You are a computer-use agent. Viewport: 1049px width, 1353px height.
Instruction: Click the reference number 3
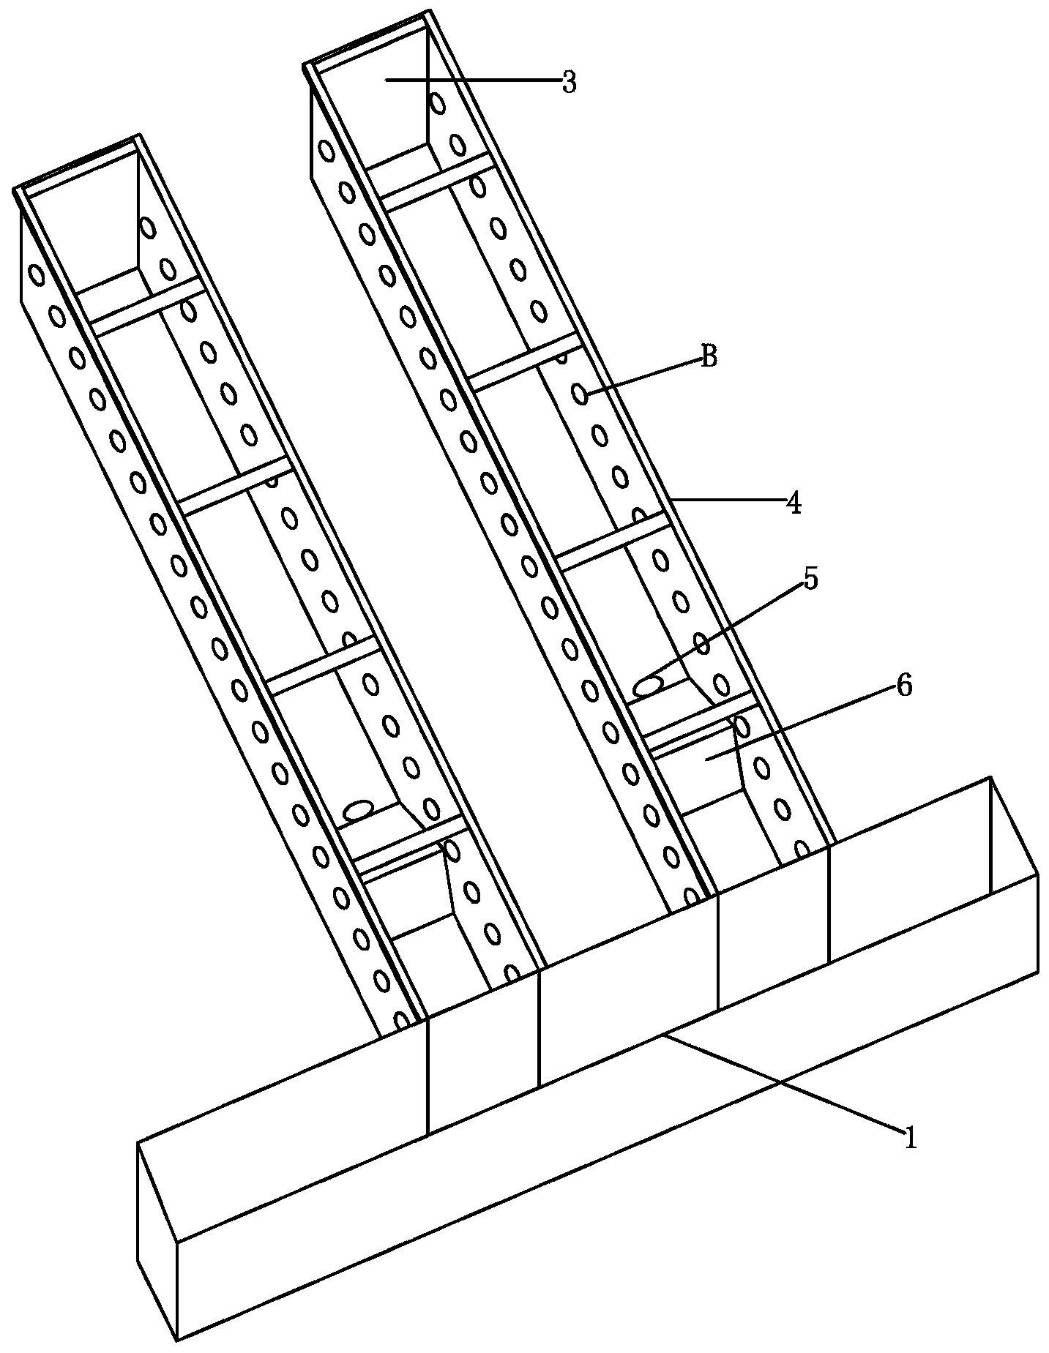click(x=569, y=83)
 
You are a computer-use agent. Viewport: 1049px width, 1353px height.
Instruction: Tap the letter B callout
click(x=709, y=357)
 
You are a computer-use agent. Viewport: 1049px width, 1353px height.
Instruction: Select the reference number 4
click(x=794, y=503)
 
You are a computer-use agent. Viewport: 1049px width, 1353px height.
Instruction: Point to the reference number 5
click(x=810, y=578)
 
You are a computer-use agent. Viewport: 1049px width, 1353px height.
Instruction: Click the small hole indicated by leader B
click(x=581, y=395)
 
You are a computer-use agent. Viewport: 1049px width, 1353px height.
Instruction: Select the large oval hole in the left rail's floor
click(x=359, y=809)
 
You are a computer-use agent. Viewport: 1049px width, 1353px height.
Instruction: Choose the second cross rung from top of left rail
click(x=236, y=486)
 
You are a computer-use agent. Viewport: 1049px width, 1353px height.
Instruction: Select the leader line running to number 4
click(x=728, y=500)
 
